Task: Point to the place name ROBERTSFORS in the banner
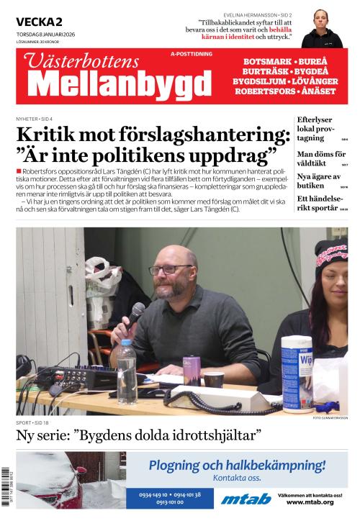[266, 91]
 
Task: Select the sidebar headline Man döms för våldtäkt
[321, 159]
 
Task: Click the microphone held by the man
[135, 312]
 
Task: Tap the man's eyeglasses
[170, 270]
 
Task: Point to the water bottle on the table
[127, 361]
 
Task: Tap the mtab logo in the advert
[246, 499]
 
